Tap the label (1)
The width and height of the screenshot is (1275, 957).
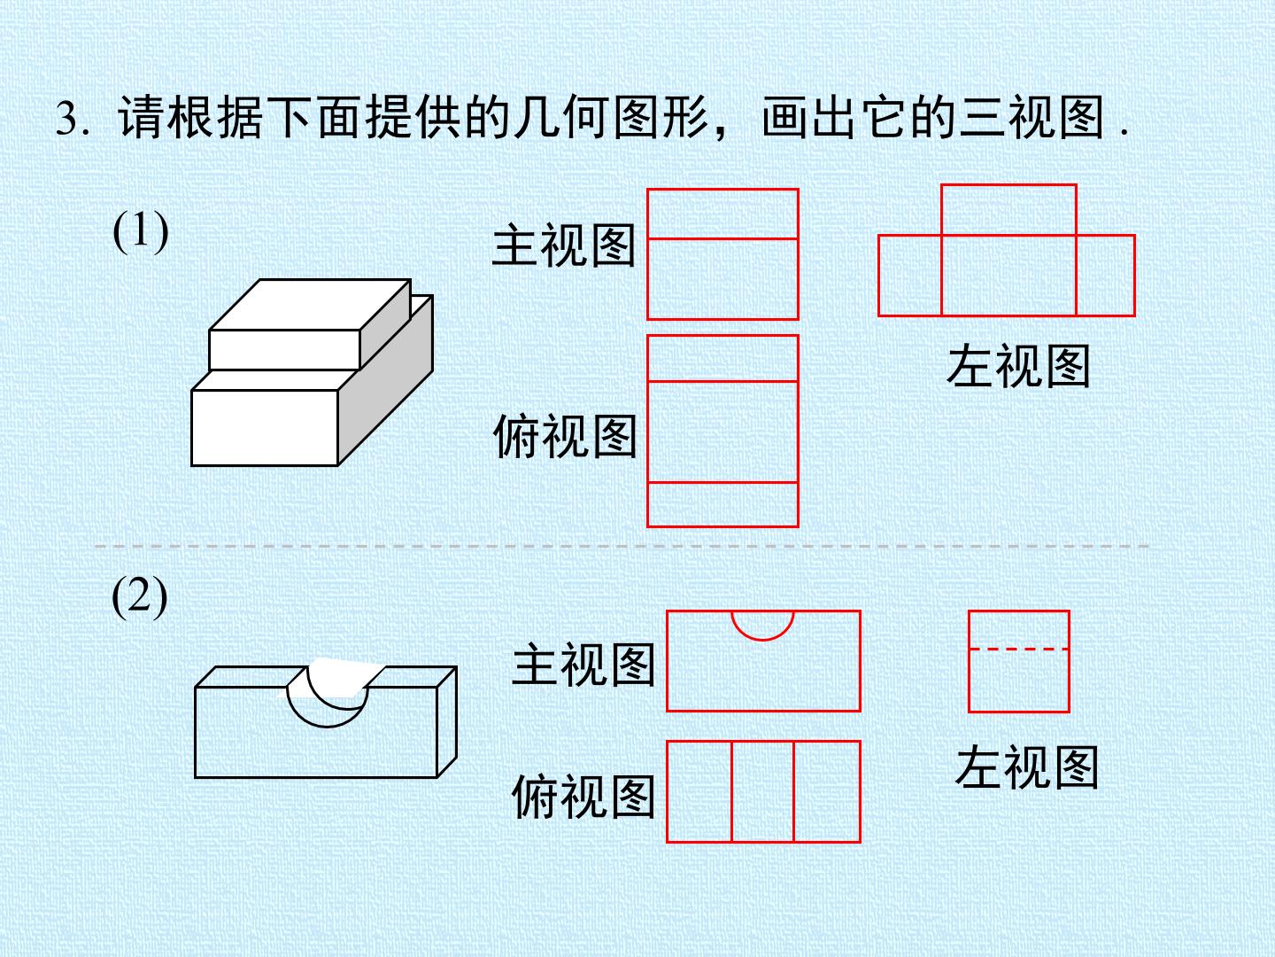click(x=141, y=231)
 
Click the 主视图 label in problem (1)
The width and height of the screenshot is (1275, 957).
click(x=563, y=245)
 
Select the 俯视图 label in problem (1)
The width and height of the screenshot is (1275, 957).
click(x=565, y=436)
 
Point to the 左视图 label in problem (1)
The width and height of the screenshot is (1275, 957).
click(x=1018, y=365)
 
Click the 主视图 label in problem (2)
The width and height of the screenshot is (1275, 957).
click(x=583, y=664)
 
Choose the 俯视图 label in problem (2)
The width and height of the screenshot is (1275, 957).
click(x=583, y=796)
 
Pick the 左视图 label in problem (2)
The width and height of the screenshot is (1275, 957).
click(x=1026, y=767)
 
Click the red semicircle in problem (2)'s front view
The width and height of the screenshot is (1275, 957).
click(x=762, y=640)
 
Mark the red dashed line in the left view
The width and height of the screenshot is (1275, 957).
click(x=1019, y=649)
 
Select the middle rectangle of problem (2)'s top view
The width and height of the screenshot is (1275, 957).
click(x=762, y=791)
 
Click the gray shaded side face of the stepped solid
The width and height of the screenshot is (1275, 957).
click(x=386, y=381)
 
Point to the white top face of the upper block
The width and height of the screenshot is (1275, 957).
click(x=310, y=305)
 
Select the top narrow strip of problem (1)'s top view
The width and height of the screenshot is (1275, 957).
click(x=722, y=358)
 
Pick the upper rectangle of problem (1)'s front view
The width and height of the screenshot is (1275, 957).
click(x=722, y=214)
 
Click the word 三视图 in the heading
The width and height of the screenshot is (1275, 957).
click(x=1031, y=119)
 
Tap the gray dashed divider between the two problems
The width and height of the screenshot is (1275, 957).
click(x=622, y=546)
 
